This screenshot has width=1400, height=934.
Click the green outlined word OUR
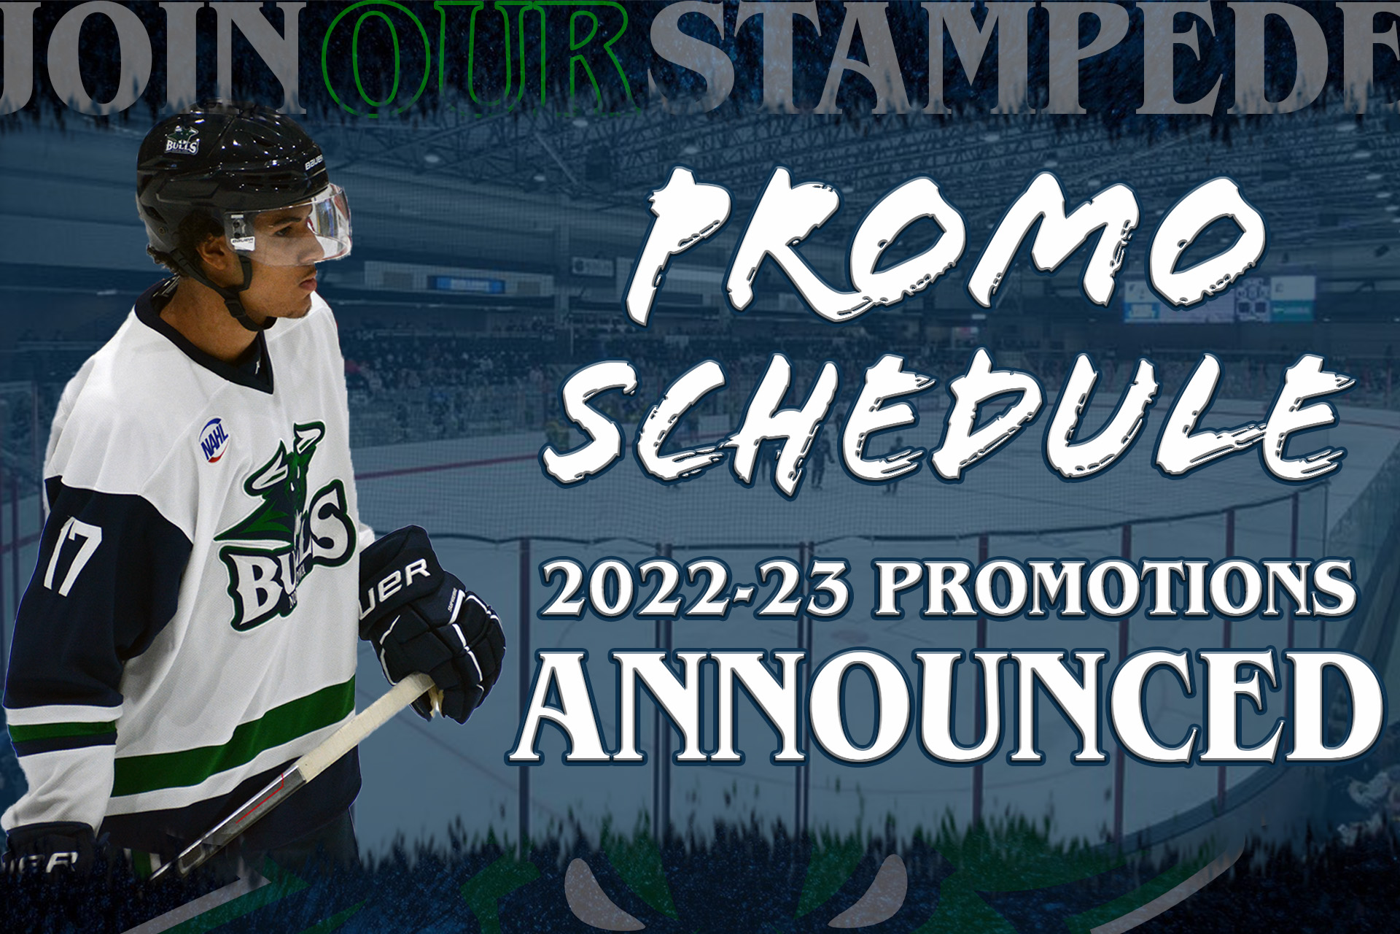(x=481, y=58)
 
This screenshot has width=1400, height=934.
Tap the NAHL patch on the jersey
(x=214, y=438)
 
